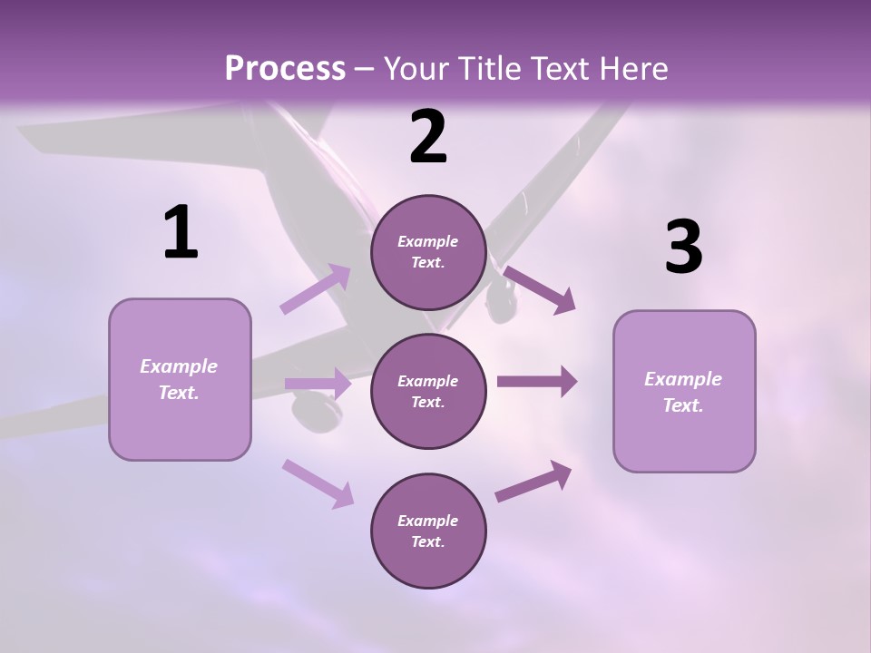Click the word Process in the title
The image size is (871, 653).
pyautogui.click(x=285, y=68)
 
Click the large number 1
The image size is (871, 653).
pyautogui.click(x=181, y=233)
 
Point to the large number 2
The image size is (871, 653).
pyautogui.click(x=428, y=138)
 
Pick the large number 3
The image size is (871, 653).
pyautogui.click(x=683, y=248)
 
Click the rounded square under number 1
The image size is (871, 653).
pyautogui.click(x=180, y=379)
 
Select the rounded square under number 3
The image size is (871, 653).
pyautogui.click(x=684, y=391)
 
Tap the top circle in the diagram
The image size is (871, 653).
pyautogui.click(x=428, y=252)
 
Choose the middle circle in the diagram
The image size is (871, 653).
pyautogui.click(x=428, y=391)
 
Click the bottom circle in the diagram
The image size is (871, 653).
pyautogui.click(x=428, y=531)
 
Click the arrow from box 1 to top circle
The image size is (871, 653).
pyautogui.click(x=316, y=289)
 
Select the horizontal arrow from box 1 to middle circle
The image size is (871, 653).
pyautogui.click(x=318, y=384)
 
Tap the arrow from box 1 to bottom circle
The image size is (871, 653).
pyautogui.click(x=318, y=482)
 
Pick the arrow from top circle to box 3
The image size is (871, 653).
pyautogui.click(x=539, y=289)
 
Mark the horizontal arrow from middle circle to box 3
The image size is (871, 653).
pyautogui.click(x=537, y=382)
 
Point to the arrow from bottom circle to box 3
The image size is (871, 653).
pyautogui.click(x=533, y=482)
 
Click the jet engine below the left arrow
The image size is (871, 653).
pyautogui.click(x=315, y=413)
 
